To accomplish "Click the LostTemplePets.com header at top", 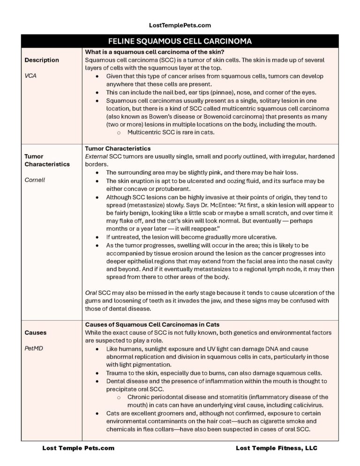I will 180,25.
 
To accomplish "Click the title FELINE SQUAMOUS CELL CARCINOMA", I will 180,41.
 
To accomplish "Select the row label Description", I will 42,60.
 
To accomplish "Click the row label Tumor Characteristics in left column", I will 47,160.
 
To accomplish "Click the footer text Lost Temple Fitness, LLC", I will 277,448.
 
